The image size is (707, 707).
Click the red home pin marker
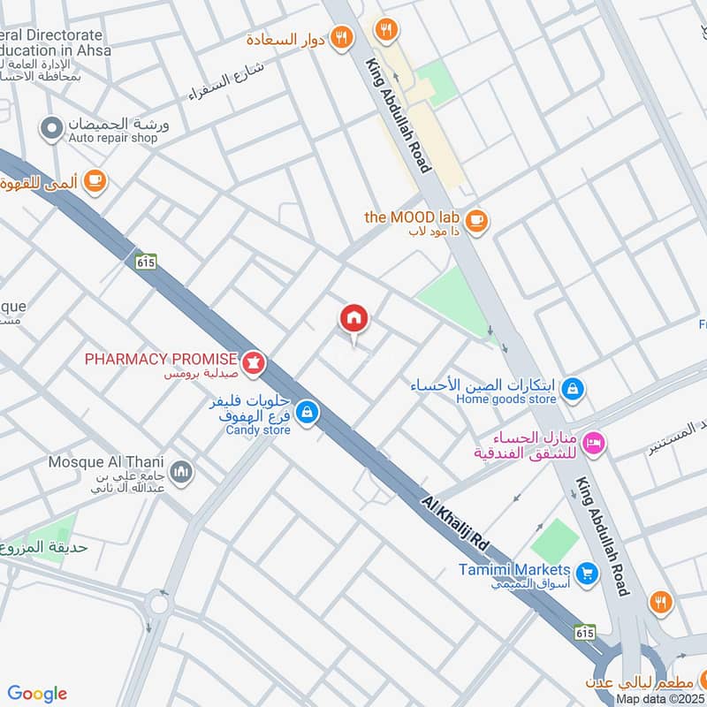[354, 319]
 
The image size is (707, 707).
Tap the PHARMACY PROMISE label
[160, 359]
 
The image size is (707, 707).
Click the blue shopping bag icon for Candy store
[307, 413]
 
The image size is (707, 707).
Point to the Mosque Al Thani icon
[181, 472]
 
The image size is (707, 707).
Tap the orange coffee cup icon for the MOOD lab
[475, 221]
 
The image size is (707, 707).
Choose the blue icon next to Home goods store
[573, 389]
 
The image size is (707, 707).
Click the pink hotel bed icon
[593, 442]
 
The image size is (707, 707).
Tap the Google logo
[37, 693]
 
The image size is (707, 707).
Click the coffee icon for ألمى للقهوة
[95, 181]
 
